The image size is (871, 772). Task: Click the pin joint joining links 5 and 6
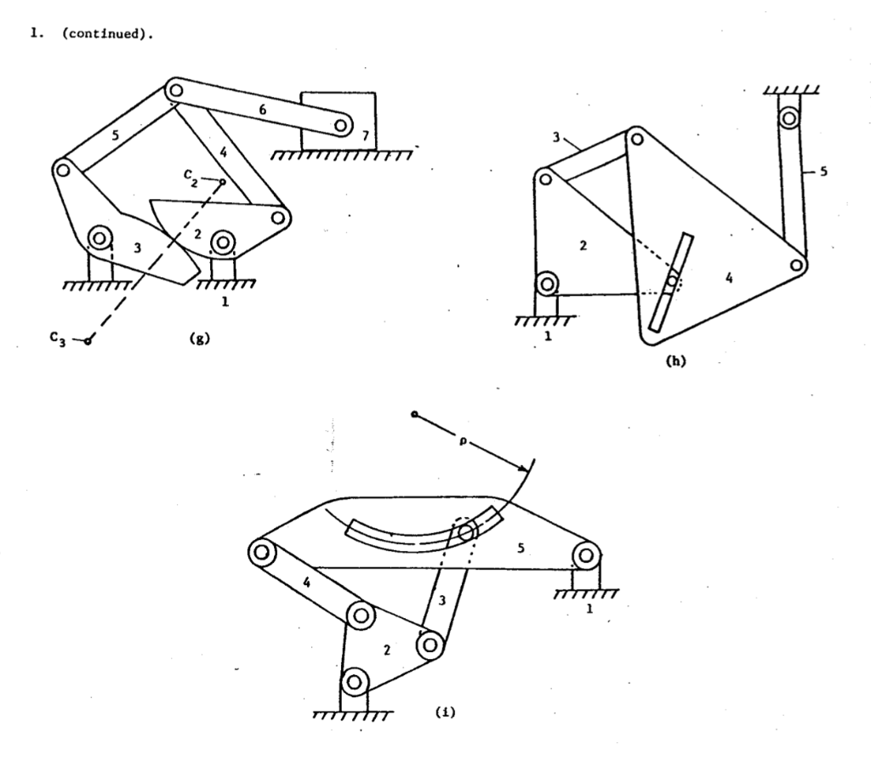[176, 88]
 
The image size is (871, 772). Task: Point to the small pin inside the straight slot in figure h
[672, 281]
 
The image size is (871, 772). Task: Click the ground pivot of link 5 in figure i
[585, 556]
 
